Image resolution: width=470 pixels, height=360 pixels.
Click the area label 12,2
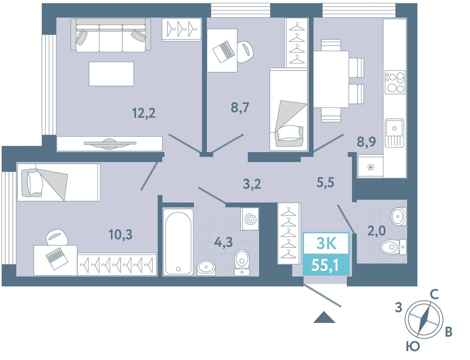click(144, 113)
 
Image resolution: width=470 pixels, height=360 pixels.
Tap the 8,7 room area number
click(240, 107)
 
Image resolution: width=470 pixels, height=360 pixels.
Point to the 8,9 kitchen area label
click(367, 142)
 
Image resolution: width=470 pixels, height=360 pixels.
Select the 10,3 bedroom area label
click(121, 234)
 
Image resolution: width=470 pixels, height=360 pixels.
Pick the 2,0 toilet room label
click(376, 230)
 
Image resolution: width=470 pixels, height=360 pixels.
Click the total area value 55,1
click(325, 266)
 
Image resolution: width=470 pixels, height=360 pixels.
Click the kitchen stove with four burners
click(395, 82)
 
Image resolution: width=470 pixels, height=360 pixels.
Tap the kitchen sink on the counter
click(394, 133)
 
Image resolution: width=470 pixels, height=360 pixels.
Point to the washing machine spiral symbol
click(251, 220)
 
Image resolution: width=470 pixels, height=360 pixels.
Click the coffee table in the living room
click(111, 74)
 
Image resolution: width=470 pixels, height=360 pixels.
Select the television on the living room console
click(110, 144)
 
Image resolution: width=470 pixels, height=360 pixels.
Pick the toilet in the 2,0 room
click(393, 247)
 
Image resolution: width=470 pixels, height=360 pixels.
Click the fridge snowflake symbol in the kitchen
click(371, 168)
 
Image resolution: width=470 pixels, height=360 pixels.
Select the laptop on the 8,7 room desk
click(223, 52)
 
